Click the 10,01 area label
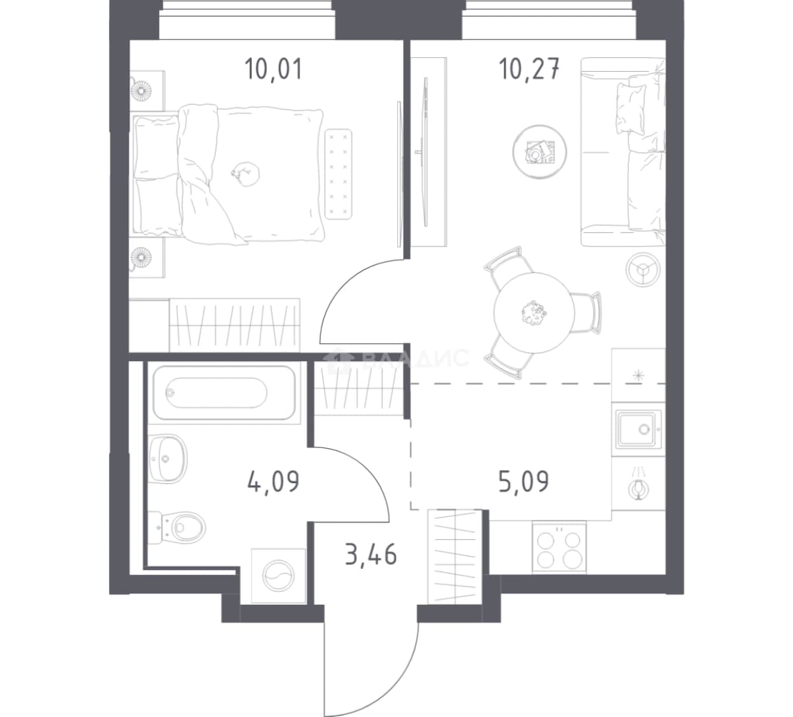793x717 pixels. tap(273, 69)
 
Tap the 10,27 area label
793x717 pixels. tap(529, 69)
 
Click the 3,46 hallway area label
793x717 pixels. tap(371, 554)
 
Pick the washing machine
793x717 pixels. tap(279, 576)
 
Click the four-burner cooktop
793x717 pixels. tap(559, 548)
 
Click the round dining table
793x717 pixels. tap(534, 313)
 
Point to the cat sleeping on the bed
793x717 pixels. tap(245, 173)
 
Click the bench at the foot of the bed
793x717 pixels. tap(338, 175)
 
